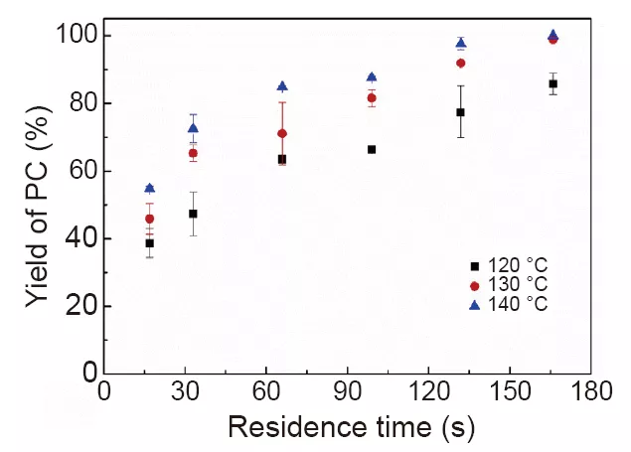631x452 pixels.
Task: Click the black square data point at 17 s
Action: pyautogui.click(x=150, y=243)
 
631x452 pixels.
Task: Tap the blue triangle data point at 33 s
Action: pyautogui.click(x=193, y=128)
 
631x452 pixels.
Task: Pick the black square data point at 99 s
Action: pyautogui.click(x=372, y=150)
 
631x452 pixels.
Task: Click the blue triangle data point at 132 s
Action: pyautogui.click(x=461, y=43)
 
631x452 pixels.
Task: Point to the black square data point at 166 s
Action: pyautogui.click(x=552, y=84)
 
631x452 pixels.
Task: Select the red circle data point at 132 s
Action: pyautogui.click(x=461, y=64)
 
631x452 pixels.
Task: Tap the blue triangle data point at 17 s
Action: pyautogui.click(x=150, y=188)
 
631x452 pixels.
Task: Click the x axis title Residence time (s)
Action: pyautogui.click(x=350, y=428)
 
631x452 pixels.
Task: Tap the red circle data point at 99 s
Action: pyautogui.click(x=372, y=98)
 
